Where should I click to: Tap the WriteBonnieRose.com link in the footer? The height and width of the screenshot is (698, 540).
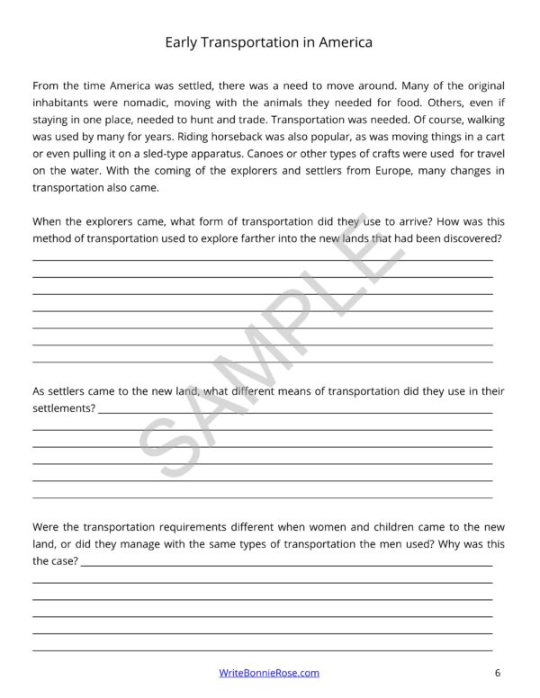pos(270,672)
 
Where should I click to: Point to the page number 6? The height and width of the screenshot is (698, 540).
pos(497,672)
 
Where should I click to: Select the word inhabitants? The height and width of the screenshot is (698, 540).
pos(63,103)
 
